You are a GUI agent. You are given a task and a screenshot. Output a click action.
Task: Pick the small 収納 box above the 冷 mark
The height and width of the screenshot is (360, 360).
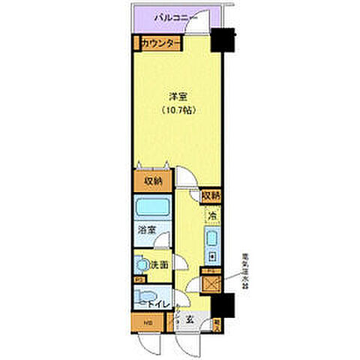coord(211,196)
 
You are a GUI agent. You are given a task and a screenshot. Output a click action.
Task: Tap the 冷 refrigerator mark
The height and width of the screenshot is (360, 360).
coord(211,215)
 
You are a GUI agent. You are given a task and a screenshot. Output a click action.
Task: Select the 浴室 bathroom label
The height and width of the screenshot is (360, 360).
coord(146,232)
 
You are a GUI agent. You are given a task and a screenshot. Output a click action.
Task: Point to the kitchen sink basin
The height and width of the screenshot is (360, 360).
coord(211,241)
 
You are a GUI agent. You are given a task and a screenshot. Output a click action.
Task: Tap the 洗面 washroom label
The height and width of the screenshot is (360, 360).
coord(159,265)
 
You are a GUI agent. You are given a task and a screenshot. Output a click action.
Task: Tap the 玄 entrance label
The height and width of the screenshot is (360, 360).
coord(190,319)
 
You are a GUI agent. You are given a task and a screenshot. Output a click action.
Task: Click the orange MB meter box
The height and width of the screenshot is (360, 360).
coord(146,323)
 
